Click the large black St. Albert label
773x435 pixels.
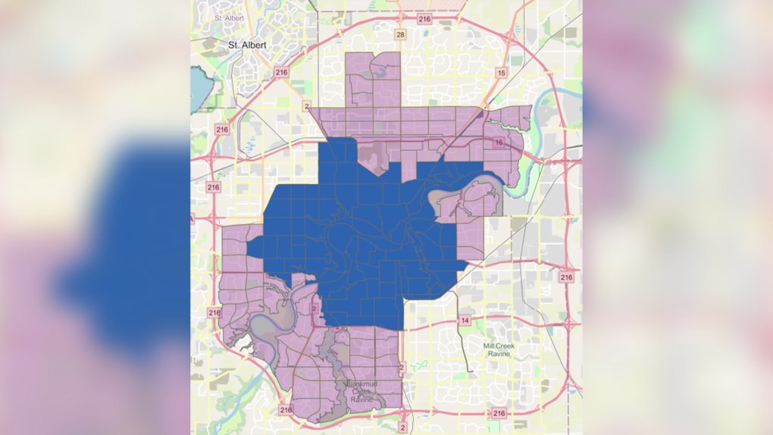point(248,45)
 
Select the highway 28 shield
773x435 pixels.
point(399,35)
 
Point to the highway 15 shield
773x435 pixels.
point(500,73)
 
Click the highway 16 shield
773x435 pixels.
point(498,142)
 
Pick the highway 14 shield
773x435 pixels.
point(465,321)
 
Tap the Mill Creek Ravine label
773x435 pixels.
point(503,350)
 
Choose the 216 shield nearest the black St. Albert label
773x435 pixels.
point(282,73)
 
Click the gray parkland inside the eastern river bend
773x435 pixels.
point(444,200)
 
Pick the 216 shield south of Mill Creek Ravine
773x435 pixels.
point(498,413)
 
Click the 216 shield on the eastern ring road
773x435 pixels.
point(567,277)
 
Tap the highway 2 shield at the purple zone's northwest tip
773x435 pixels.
point(306,105)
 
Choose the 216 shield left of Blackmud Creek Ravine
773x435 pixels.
point(286,410)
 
